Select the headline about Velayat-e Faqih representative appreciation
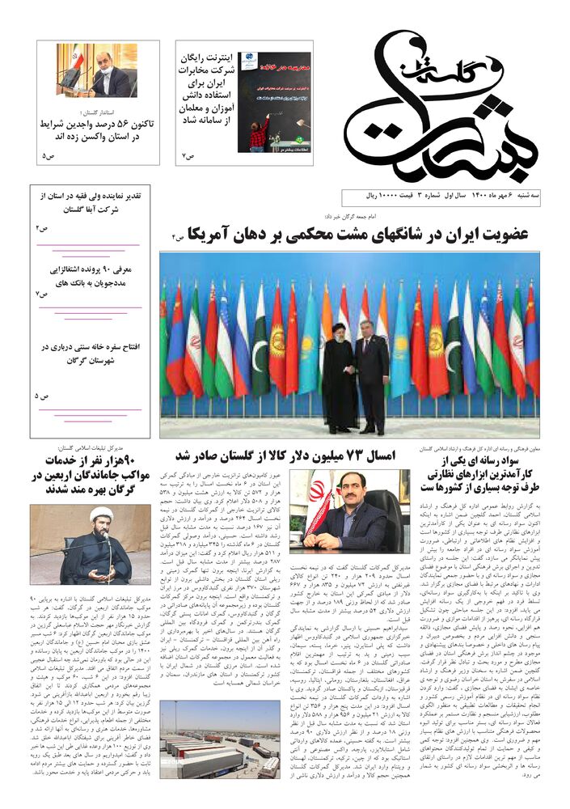pos(96,202)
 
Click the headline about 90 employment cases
pos(96,275)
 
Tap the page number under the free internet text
pos(188,155)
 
